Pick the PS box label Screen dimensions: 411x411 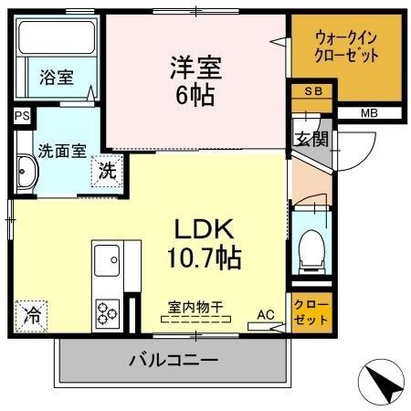pyautogui.click(x=21, y=115)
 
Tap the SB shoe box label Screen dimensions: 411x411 pyautogui.click(x=311, y=91)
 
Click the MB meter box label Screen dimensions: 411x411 pyautogui.click(x=368, y=113)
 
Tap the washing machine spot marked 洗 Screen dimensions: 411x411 pyautogui.click(x=107, y=168)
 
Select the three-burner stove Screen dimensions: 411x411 pyautogui.click(x=108, y=312)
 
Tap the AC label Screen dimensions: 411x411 pyautogui.click(x=266, y=315)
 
